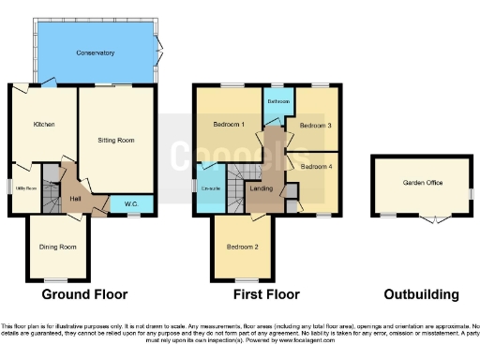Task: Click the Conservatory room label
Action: (96, 52)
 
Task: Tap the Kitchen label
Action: (44, 125)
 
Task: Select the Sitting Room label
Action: (116, 140)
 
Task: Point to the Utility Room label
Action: (25, 188)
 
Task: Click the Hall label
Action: (76, 198)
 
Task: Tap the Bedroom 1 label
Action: (229, 125)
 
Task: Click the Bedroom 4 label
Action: (315, 166)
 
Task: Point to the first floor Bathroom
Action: (277, 101)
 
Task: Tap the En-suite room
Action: (211, 188)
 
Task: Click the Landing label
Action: (262, 188)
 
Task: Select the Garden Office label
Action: (423, 184)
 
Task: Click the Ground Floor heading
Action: (84, 294)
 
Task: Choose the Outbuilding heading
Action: (424, 294)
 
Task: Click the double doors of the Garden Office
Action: (432, 221)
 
